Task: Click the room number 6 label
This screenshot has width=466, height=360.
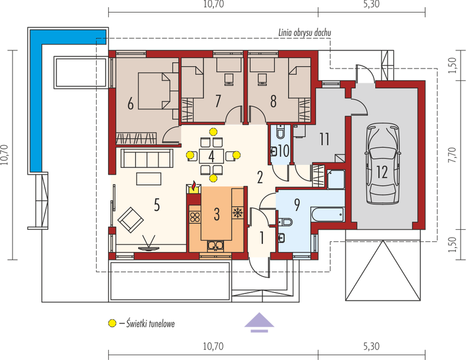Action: tap(130, 103)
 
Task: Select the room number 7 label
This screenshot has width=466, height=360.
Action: tap(219, 100)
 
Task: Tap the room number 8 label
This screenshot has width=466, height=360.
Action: tap(273, 101)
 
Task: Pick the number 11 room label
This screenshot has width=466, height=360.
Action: tap(324, 140)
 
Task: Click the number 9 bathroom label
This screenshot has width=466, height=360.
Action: tap(296, 204)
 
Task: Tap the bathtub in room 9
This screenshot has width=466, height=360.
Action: tap(327, 214)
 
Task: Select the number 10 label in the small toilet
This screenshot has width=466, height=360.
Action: tap(284, 151)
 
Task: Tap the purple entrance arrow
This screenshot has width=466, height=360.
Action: tap(259, 322)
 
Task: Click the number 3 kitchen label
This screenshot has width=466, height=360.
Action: tap(218, 213)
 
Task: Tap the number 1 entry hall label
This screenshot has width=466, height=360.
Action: tap(262, 237)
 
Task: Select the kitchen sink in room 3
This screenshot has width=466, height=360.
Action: tap(215, 244)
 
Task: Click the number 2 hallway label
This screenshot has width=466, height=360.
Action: tap(260, 177)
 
